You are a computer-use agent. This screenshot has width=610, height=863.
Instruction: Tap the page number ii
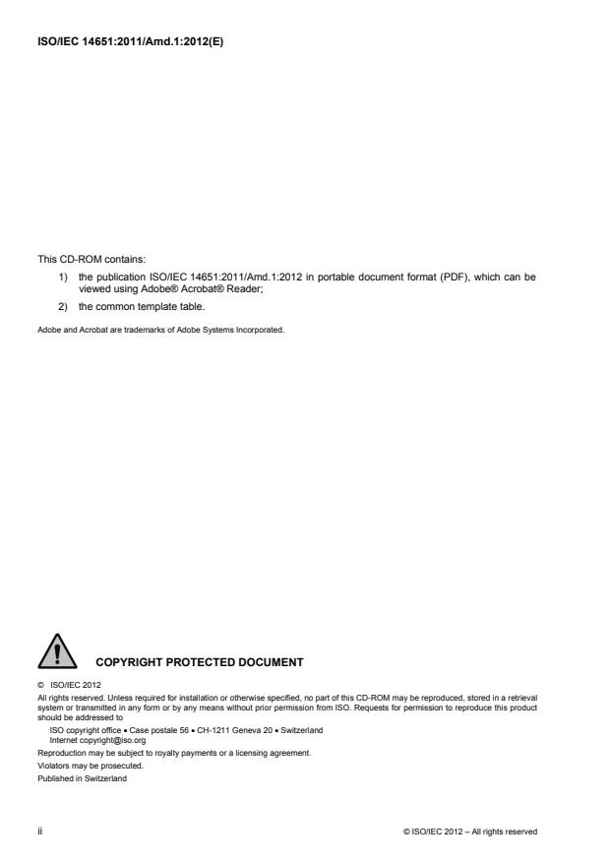pos(40,832)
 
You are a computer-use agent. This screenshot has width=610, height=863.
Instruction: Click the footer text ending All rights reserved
pos(476,832)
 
